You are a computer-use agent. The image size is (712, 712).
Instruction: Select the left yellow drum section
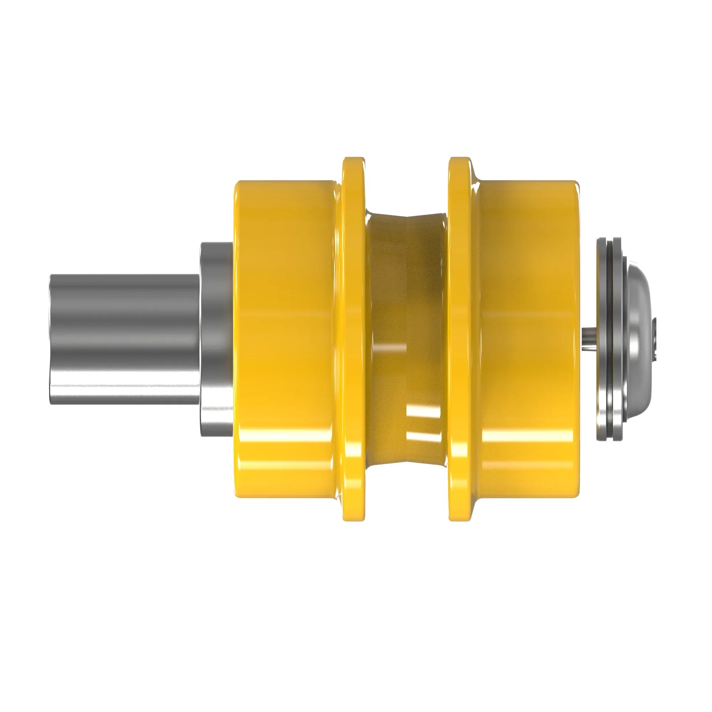pyautogui.click(x=286, y=332)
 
